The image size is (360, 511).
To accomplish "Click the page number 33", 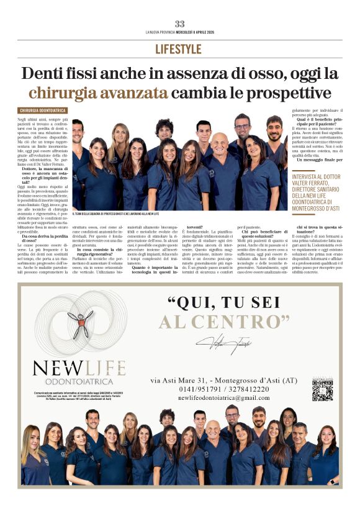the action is pyautogui.click(x=179, y=24).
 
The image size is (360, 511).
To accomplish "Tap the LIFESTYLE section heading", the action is pyautogui.click(x=179, y=49).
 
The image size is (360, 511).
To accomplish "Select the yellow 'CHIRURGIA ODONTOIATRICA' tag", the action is pyautogui.click(x=43, y=111).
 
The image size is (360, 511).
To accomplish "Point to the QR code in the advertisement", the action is pyautogui.click(x=322, y=389).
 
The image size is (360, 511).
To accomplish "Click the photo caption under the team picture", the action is pyautogui.click(x=115, y=214).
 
